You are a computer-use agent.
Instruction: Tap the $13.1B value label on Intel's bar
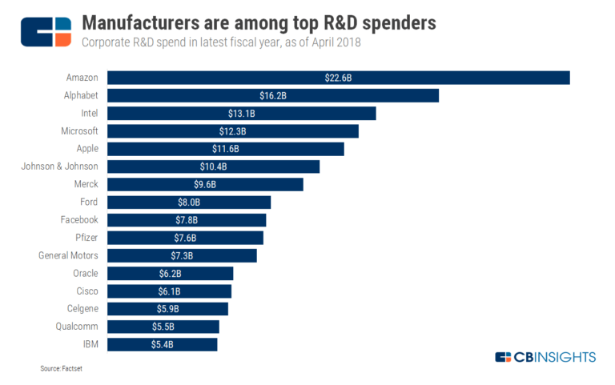click(242, 114)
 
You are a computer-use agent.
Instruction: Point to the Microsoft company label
click(79, 130)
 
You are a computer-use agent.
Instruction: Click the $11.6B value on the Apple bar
click(226, 149)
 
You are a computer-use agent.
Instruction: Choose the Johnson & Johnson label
click(59, 166)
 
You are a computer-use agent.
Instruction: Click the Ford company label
click(89, 202)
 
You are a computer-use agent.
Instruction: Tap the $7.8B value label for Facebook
click(187, 220)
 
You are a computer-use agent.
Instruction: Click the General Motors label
click(68, 255)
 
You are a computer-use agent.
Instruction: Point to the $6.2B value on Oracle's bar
click(171, 274)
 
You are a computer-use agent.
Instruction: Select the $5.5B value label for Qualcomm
click(163, 327)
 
